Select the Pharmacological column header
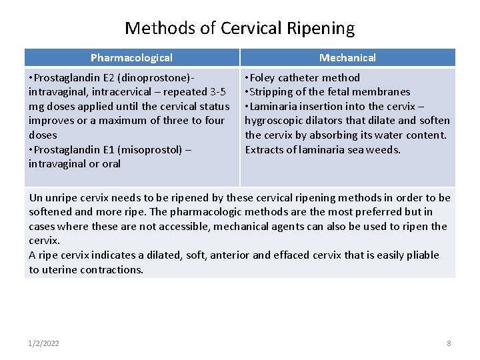pyautogui.click(x=131, y=58)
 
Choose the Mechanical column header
pyautogui.click(x=347, y=58)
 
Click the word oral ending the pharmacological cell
pyautogui.click(x=109, y=163)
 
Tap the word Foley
pyautogui.click(x=265, y=77)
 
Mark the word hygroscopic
pyautogui.click(x=276, y=121)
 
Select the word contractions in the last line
pyautogui.click(x=111, y=269)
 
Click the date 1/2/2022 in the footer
pyautogui.click(x=44, y=343)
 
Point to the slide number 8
pyautogui.click(x=449, y=343)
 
